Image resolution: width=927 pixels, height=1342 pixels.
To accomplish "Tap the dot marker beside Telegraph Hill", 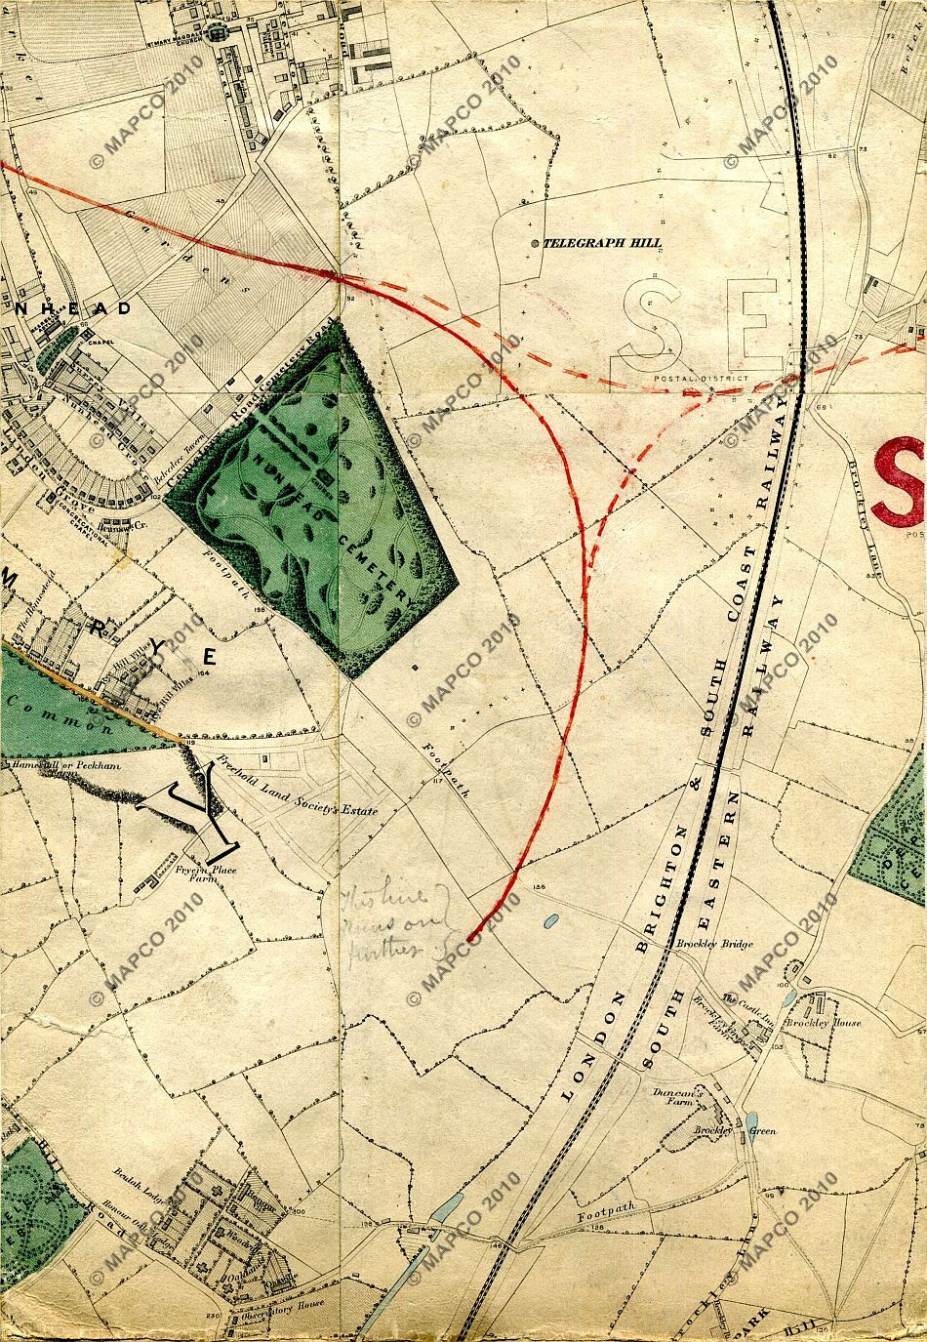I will (534, 243).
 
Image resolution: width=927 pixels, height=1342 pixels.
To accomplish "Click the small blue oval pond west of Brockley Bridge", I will (551, 920).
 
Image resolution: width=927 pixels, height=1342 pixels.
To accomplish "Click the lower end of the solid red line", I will (469, 939).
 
